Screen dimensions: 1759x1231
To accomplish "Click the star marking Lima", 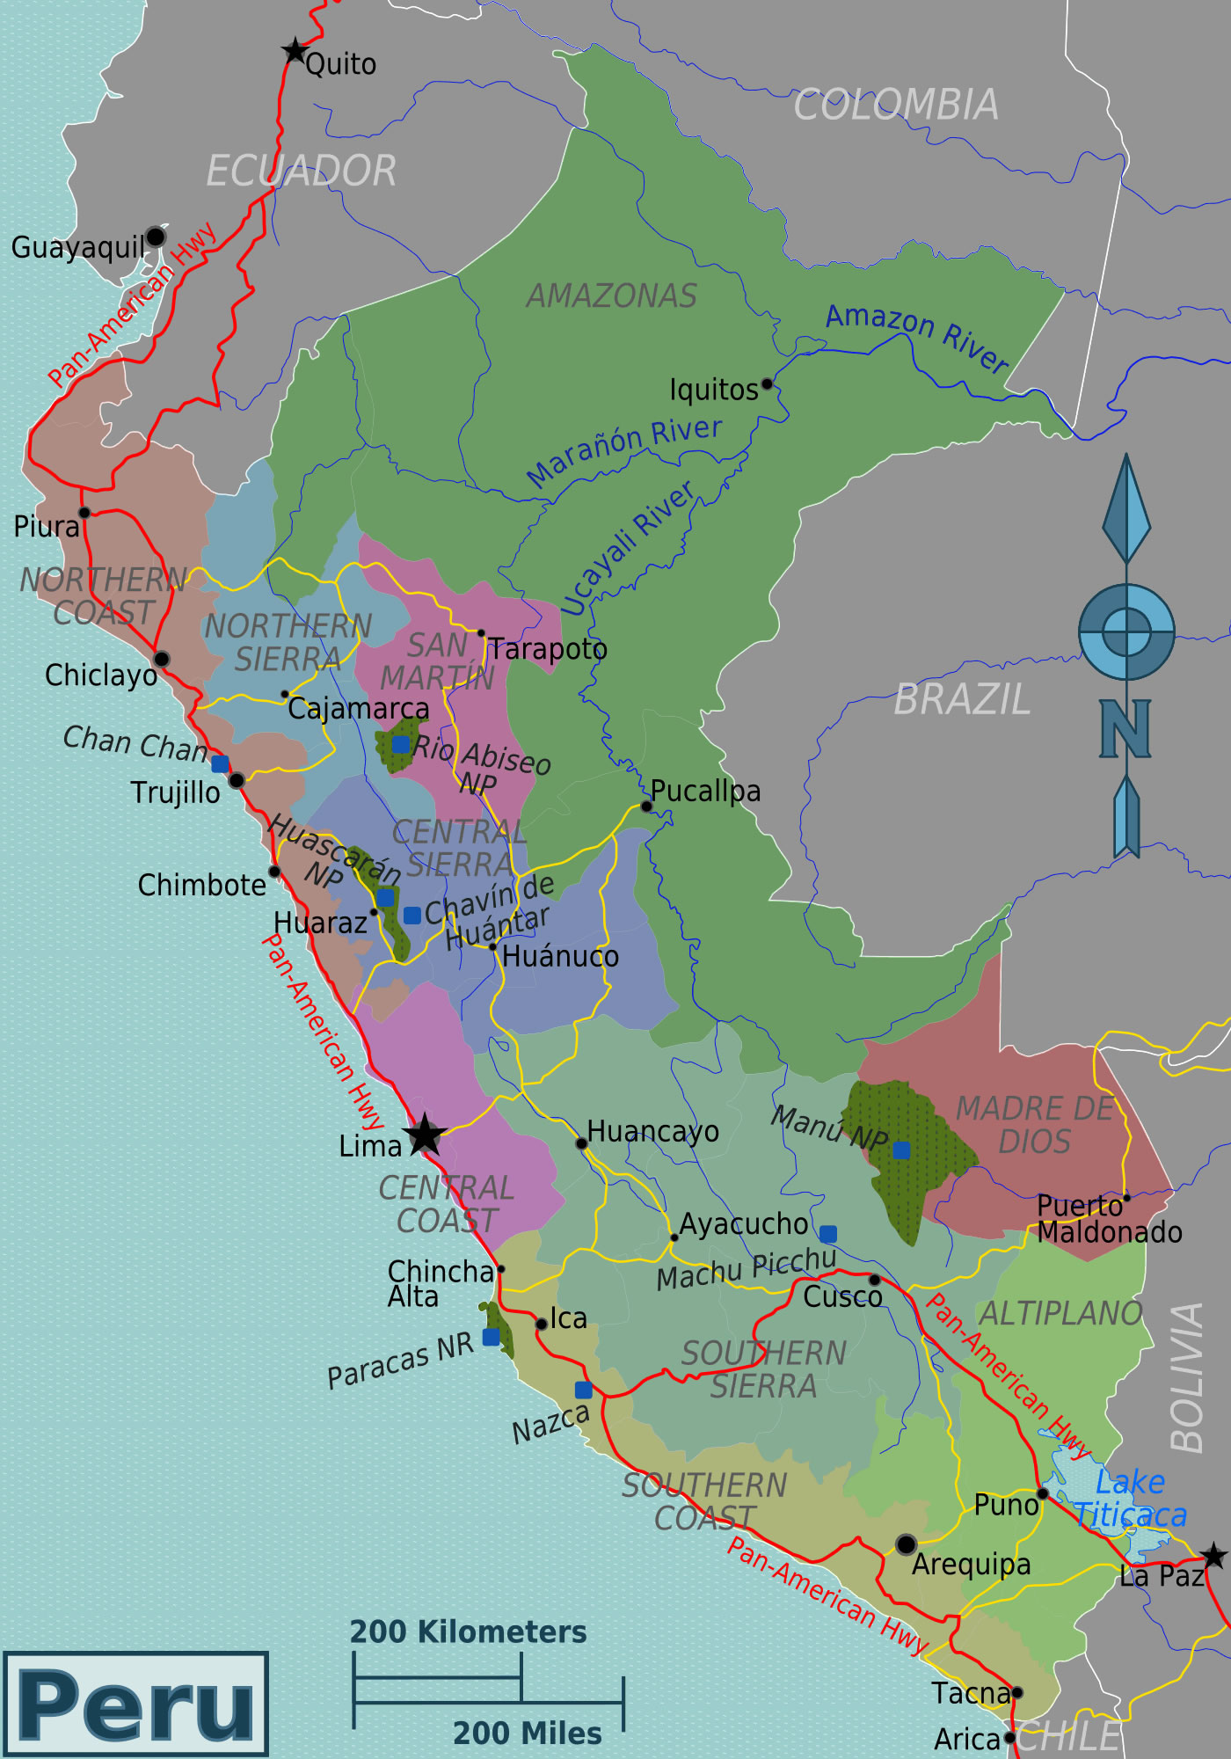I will coord(425,1135).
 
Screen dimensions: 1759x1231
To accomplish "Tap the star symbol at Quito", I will coord(295,51).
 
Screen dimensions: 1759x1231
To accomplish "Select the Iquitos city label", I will coord(713,390).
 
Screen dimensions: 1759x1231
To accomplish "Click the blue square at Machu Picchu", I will coord(827,1233).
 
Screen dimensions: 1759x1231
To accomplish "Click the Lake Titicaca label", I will coord(1131,1499).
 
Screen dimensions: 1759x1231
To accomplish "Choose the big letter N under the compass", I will coord(1125,728).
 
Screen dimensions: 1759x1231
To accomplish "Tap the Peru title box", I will coord(136,1704).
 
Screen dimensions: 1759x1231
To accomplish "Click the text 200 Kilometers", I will coord(468,1632).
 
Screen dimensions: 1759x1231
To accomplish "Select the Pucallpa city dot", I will coord(646,806).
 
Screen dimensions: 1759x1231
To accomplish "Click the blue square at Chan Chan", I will coord(220,763).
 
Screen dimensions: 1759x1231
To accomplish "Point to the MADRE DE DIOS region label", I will coord(1034,1125).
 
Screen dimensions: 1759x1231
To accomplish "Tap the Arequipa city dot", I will coord(906,1544).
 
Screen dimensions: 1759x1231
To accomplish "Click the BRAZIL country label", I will coord(962,700).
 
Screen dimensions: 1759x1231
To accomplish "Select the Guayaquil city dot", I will coord(156,237).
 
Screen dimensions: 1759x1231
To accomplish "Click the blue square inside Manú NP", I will coord(901,1150).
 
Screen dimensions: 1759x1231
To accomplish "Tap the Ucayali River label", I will coord(626,549).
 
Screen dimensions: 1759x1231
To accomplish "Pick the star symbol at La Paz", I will coord(1213,1555).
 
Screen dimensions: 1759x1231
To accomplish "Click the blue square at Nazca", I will coord(584,1390).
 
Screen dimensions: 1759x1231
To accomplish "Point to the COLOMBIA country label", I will coord(896,106).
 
